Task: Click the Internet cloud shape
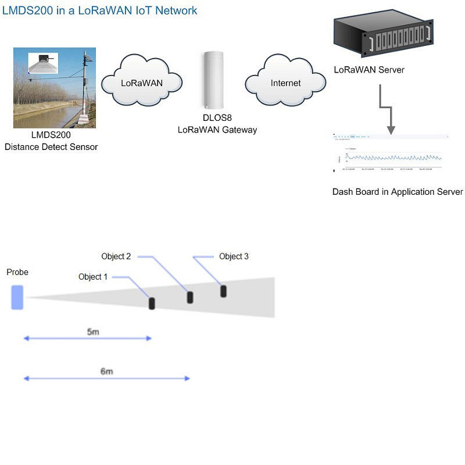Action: pyautogui.click(x=285, y=83)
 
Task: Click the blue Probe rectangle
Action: pyautogui.click(x=17, y=296)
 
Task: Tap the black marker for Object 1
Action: pyautogui.click(x=152, y=303)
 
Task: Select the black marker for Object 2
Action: pyautogui.click(x=189, y=297)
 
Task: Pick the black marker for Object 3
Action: pyautogui.click(x=223, y=291)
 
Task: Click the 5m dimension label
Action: pyautogui.click(x=93, y=332)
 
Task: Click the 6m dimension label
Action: pyautogui.click(x=106, y=371)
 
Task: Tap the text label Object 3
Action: pyautogui.click(x=234, y=256)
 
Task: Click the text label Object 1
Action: pyautogui.click(x=93, y=277)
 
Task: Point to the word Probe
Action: pyautogui.click(x=17, y=272)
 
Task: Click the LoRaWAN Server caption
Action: pyautogui.click(x=369, y=70)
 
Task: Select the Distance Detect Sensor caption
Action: pyautogui.click(x=51, y=147)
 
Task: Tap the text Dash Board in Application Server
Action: pyautogui.click(x=398, y=192)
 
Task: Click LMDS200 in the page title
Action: pyautogui.click(x=27, y=10)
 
